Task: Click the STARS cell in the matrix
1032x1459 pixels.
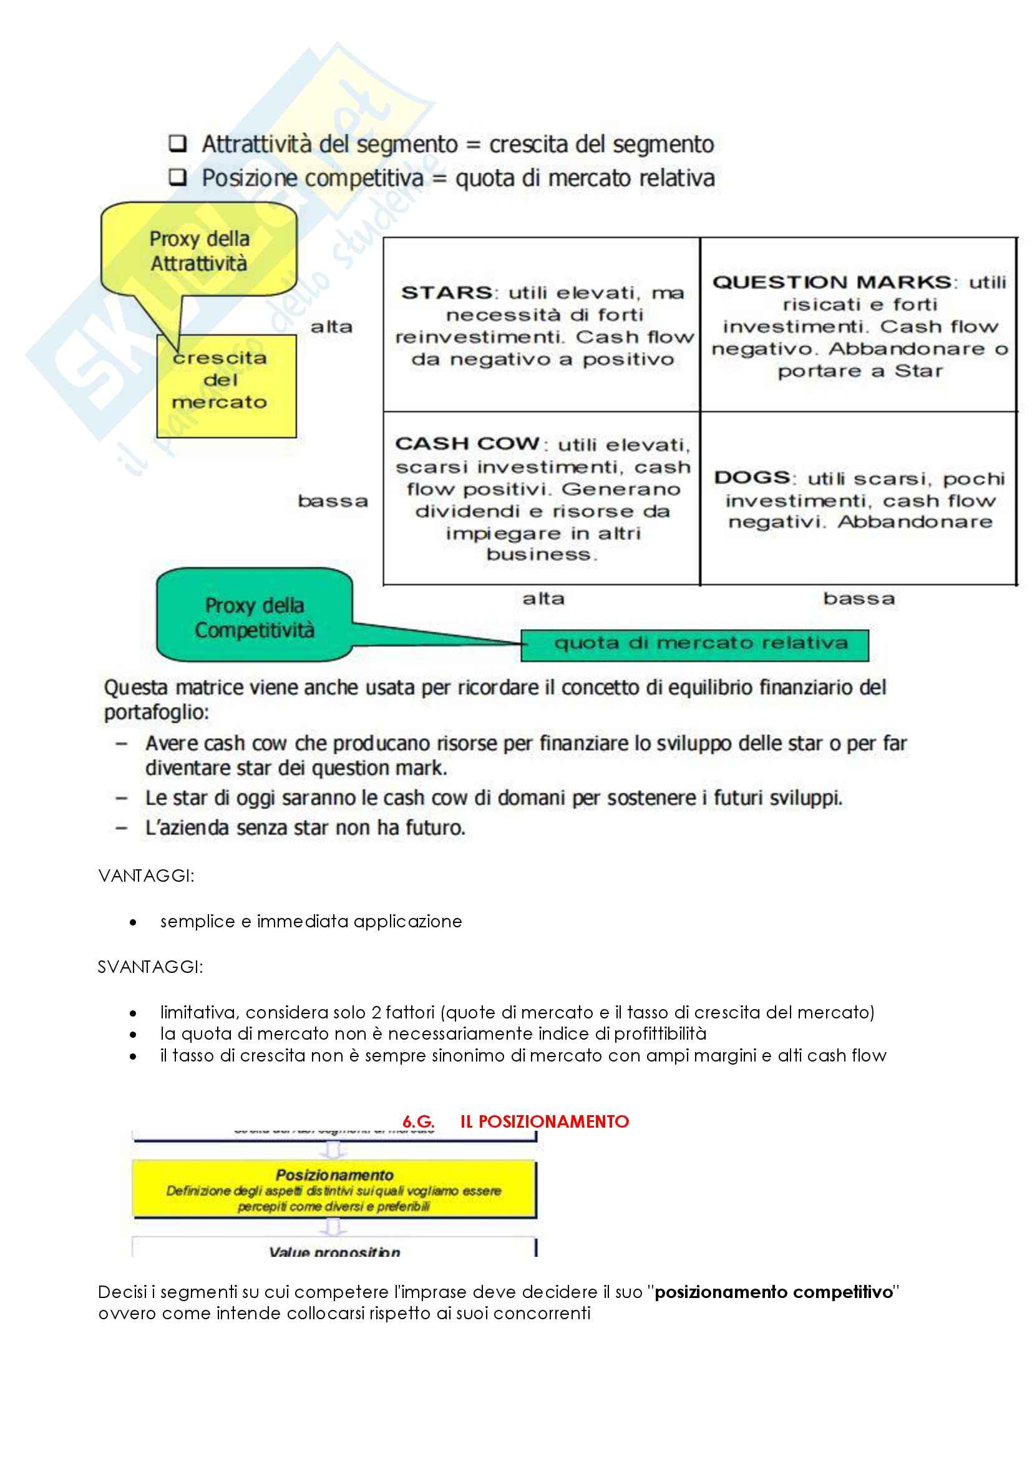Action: click(x=542, y=325)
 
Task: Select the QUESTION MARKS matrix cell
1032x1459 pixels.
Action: click(x=859, y=325)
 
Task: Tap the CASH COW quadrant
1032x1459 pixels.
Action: click(x=542, y=498)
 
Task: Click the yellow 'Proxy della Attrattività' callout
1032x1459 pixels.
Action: click(x=199, y=250)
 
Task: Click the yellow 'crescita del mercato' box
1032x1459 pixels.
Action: click(x=226, y=386)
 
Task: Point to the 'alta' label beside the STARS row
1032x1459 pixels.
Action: click(x=331, y=327)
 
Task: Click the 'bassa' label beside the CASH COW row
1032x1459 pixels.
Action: click(x=333, y=501)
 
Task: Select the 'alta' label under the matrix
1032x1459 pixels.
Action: click(x=543, y=598)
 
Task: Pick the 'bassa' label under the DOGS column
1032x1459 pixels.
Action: click(x=859, y=598)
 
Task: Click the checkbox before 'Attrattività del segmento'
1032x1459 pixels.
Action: click(x=178, y=144)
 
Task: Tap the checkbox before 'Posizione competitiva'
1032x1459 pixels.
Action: click(x=178, y=177)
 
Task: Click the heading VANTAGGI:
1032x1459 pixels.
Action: click(x=146, y=876)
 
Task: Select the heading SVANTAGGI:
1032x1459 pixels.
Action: click(x=150, y=967)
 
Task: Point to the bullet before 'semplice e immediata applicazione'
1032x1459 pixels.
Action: click(x=133, y=922)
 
